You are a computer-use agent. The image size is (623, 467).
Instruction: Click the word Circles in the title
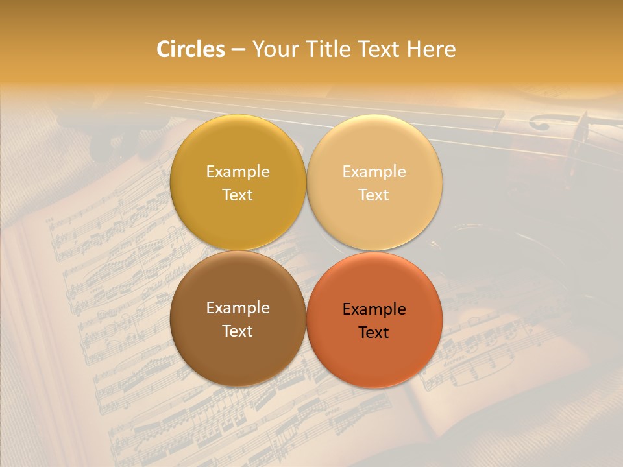coord(191,49)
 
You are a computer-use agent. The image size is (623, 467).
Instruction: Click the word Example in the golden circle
coord(238,172)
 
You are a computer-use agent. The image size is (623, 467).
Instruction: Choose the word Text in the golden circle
coord(238,195)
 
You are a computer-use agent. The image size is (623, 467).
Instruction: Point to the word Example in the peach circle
coord(374,172)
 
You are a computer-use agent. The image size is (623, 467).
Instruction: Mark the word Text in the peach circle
coord(374,195)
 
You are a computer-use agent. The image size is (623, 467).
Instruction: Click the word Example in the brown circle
coord(238,308)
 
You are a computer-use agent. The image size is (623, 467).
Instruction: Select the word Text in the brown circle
coord(238,331)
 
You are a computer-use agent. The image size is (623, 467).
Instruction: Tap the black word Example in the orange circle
coord(374,309)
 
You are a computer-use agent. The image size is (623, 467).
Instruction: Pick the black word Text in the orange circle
coord(374,332)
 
